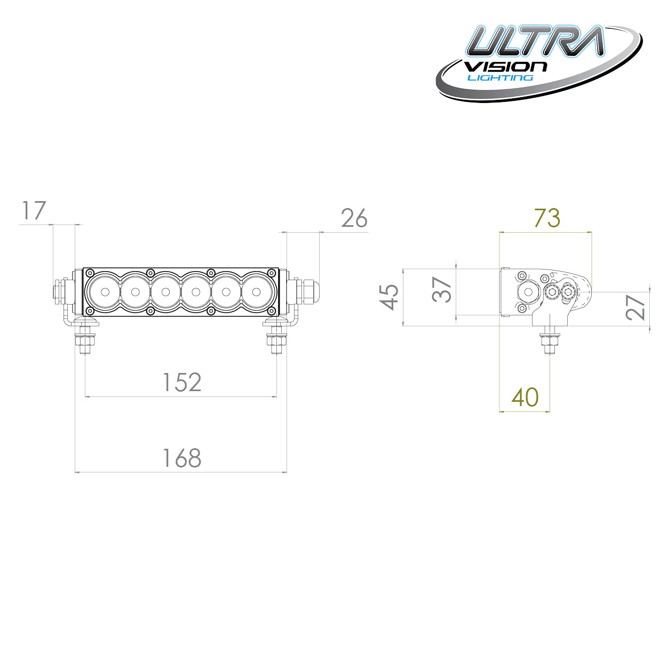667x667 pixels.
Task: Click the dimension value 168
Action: tap(182, 458)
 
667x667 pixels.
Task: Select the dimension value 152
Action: tap(182, 383)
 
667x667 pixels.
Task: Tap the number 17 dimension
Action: tap(34, 211)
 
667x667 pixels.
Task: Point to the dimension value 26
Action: tap(354, 219)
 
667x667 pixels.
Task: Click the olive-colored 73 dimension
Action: tap(547, 218)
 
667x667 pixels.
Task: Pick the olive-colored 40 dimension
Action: tap(525, 398)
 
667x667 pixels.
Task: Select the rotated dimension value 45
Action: tap(390, 297)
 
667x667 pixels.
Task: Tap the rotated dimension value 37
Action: tap(442, 290)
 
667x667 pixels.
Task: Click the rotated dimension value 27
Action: tap(636, 307)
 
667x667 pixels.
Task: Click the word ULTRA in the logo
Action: tap(535, 42)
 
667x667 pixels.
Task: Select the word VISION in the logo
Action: tap(505, 67)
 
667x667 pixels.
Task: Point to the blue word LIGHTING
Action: tap(501, 78)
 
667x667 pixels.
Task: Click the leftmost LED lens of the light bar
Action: tap(105, 292)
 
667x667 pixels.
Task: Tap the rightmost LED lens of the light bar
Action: tap(257, 292)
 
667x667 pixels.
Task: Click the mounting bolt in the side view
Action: tap(550, 342)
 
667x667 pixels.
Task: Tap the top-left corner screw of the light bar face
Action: tap(90, 273)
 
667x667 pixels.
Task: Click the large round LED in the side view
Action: tap(529, 292)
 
